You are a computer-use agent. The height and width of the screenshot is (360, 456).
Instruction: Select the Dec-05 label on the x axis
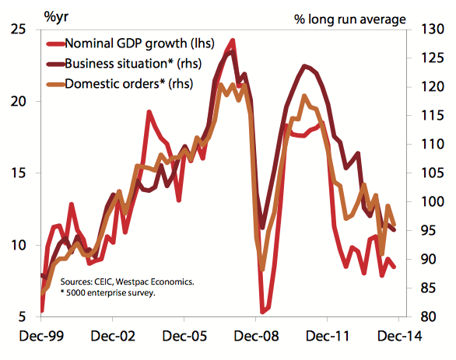184,338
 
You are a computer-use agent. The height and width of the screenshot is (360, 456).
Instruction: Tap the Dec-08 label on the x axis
255,338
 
